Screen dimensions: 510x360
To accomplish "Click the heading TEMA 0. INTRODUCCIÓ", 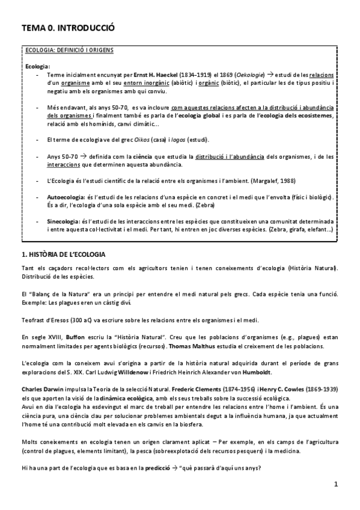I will point(67,28).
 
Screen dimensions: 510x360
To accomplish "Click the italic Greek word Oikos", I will point(142,140).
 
